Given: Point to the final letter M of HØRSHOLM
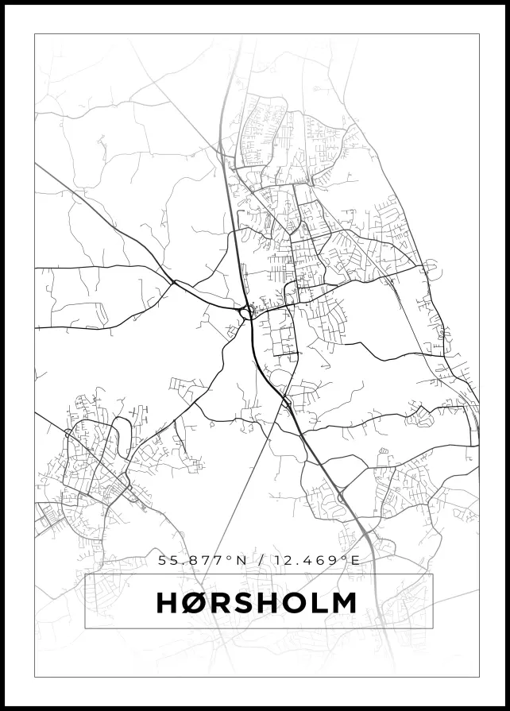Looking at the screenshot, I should [341, 603].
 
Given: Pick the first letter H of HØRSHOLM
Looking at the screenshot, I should [170, 603].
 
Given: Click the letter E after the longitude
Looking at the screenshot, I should [355, 560].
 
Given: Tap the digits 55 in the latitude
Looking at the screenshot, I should [167, 560].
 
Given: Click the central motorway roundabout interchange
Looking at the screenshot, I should [246, 314].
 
